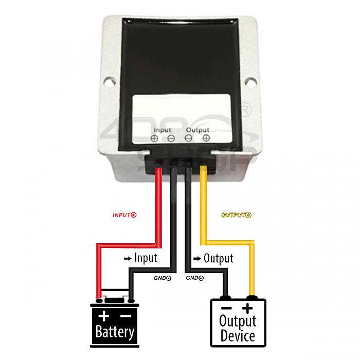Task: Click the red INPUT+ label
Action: (x=124, y=215)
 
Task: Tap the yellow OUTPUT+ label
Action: (x=236, y=215)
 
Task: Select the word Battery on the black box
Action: (x=115, y=332)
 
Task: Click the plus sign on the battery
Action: (x=104, y=316)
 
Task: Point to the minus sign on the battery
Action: (x=126, y=316)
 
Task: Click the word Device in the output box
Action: (x=238, y=336)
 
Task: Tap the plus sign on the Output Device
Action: (x=247, y=309)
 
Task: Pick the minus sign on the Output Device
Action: (x=226, y=309)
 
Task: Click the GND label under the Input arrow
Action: (x=163, y=278)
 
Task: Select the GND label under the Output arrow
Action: (x=195, y=278)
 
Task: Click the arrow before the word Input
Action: (x=128, y=259)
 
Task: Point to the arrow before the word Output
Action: (x=197, y=259)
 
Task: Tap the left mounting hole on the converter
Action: (x=110, y=81)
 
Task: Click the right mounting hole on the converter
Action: (x=250, y=82)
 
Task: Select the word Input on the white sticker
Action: (x=163, y=130)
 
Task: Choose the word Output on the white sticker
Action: (x=197, y=130)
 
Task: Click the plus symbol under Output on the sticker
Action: (x=206, y=138)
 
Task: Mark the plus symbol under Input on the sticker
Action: (x=154, y=138)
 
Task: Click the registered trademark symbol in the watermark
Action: (x=245, y=111)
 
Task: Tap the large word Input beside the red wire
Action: (x=146, y=258)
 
